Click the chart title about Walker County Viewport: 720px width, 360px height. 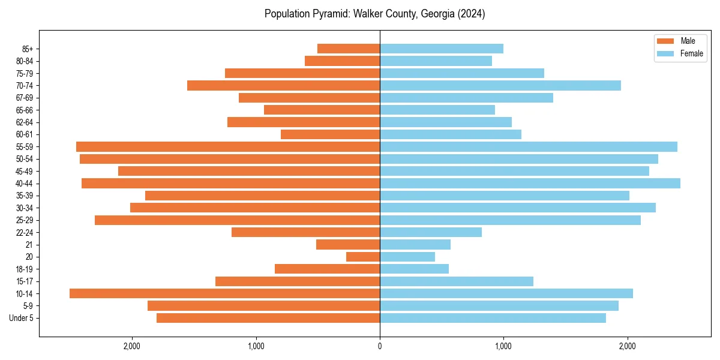[x=374, y=14]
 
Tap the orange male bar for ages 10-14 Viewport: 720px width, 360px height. [x=224, y=293]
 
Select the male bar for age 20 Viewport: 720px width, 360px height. [x=363, y=257]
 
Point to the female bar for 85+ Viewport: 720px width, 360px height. [x=441, y=49]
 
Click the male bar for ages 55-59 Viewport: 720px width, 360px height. [x=228, y=146]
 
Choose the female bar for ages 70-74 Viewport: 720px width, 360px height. [x=500, y=85]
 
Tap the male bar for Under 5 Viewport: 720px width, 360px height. [x=268, y=318]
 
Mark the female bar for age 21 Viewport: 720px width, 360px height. [x=415, y=244]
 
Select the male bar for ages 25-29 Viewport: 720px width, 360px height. [x=237, y=220]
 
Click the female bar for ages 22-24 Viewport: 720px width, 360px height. [x=431, y=232]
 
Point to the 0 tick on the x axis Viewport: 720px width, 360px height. [x=380, y=346]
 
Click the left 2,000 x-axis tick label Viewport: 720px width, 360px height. [x=132, y=346]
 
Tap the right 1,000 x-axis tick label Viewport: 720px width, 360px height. [x=503, y=346]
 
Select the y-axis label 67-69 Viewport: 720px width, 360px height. [x=25, y=98]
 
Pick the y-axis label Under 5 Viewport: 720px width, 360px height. [x=22, y=318]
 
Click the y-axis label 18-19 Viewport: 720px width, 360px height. [x=25, y=269]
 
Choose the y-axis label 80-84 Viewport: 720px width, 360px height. [x=25, y=61]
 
